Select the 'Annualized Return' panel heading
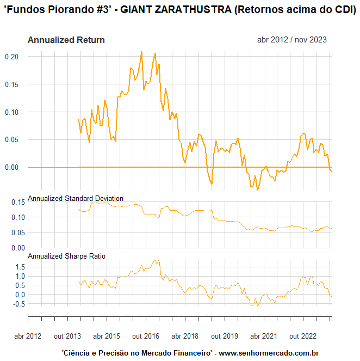66,40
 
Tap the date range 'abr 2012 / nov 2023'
292,40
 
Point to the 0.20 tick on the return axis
12,57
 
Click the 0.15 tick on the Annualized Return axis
12,84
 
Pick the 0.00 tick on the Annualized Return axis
12,167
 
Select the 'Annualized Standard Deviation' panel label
75,198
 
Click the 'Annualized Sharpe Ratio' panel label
66,255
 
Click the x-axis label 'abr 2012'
27,336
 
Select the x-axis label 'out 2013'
67,336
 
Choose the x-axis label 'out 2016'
146,336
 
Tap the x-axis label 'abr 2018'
185,336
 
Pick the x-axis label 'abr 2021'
264,336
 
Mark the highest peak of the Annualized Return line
141,52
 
